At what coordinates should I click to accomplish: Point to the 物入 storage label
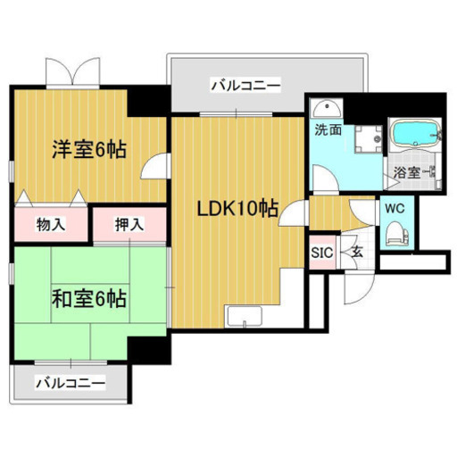[51, 223]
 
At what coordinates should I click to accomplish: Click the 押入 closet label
[130, 223]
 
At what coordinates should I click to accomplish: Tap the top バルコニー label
[245, 87]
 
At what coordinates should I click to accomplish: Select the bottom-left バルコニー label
[71, 384]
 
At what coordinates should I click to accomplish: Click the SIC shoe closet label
[321, 253]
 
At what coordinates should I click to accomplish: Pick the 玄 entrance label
[355, 253]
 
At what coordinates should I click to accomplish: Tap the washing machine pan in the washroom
[363, 137]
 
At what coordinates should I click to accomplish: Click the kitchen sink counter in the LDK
[244, 317]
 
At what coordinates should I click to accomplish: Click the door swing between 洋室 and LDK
[157, 167]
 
